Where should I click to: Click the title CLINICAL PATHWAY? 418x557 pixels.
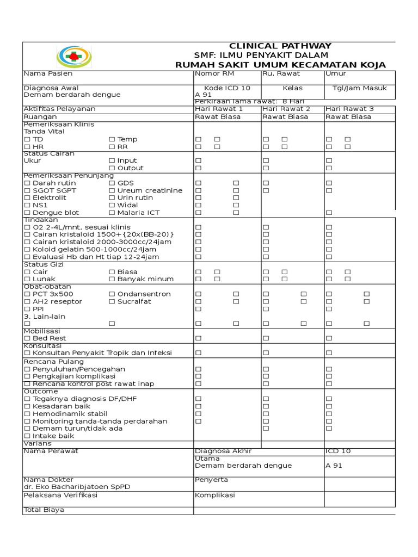click(280, 46)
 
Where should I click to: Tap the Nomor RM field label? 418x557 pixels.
click(214, 73)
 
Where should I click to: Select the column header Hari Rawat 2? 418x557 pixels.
click(286, 109)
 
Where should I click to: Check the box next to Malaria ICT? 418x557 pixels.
click(112, 213)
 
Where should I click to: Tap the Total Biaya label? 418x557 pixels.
click(44, 510)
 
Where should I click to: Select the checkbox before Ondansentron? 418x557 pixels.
click(112, 294)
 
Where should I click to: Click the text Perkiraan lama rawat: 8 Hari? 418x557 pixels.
click(249, 101)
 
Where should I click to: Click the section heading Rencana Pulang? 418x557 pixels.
click(53, 361)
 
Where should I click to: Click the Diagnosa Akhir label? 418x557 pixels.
click(223, 451)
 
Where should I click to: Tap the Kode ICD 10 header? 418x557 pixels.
click(227, 88)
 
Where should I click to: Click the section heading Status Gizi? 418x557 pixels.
click(43, 264)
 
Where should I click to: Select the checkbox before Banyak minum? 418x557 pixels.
click(112, 279)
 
